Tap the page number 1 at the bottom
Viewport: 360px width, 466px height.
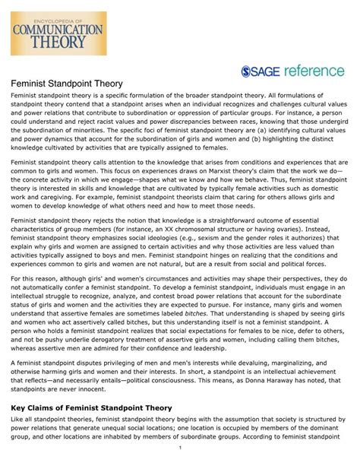[179, 458]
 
